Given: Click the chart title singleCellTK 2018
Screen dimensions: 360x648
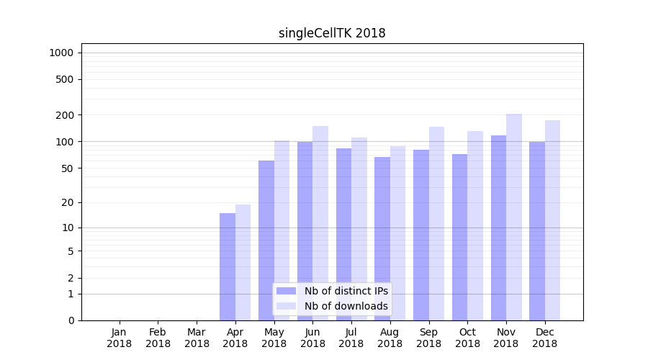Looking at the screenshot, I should [332, 33].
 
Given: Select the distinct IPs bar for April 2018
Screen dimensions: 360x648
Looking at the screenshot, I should [228, 266].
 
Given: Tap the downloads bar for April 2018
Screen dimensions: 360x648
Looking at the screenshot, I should [243, 262].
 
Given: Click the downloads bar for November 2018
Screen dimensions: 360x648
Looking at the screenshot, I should [514, 216].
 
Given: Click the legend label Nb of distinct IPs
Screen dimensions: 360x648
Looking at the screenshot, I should [346, 291].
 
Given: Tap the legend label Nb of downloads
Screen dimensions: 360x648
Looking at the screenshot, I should [346, 306].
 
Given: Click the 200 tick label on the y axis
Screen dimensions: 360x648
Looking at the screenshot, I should [65, 115].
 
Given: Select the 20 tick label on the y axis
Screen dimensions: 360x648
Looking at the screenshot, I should [68, 202].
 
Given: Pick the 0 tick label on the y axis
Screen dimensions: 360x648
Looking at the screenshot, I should [71, 320].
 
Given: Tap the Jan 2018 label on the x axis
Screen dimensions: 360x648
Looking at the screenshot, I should [120, 338].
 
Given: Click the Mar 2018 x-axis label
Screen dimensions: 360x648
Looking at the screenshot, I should [197, 338].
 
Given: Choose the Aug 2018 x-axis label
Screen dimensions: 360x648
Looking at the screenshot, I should [390, 338].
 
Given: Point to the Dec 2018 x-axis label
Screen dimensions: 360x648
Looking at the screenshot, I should [545, 338].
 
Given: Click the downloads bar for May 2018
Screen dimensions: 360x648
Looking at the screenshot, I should [282, 230].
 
